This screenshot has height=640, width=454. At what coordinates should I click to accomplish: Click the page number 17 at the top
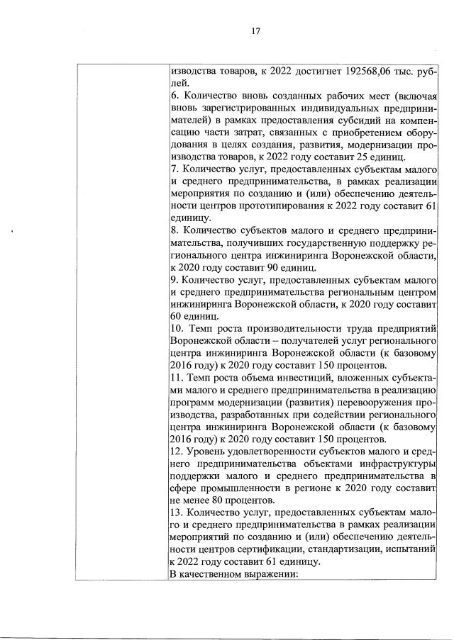click(256, 30)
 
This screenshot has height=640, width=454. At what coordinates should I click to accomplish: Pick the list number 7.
click(175, 169)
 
